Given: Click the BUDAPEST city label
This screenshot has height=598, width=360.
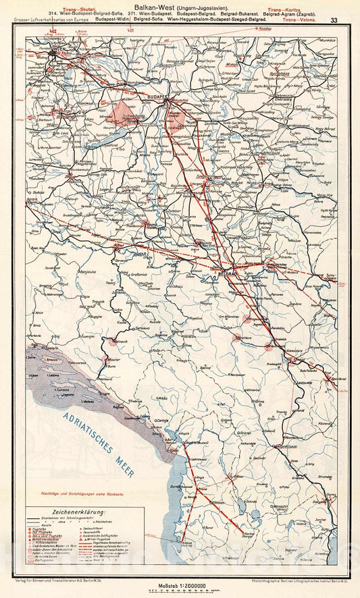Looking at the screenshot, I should (x=160, y=97).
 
